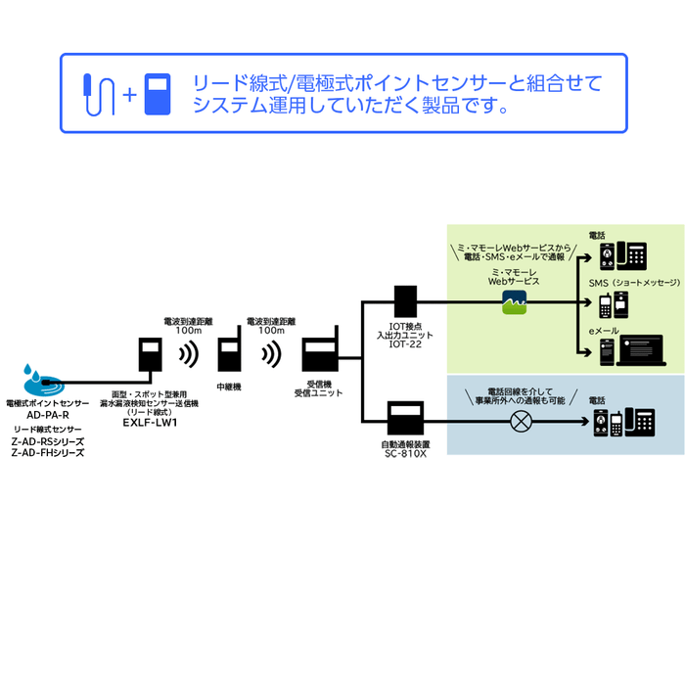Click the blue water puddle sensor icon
pyautogui.click(x=40, y=377)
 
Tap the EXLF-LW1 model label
pyautogui.click(x=150, y=423)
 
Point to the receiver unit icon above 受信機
pyautogui.click(x=320, y=358)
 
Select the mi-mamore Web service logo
pyautogui.click(x=515, y=303)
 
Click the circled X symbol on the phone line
pyautogui.click(x=523, y=422)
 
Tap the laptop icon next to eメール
pyautogui.click(x=640, y=350)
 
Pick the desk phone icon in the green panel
pyautogui.click(x=632, y=256)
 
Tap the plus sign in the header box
pyautogui.click(x=128, y=95)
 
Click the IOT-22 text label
pyautogui.click(x=405, y=344)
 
